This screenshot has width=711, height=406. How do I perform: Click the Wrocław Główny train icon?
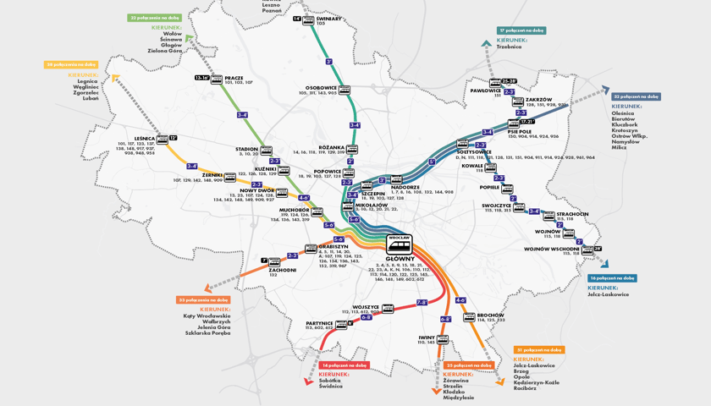pyautogui.click(x=398, y=246)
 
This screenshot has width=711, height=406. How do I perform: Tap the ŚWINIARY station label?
pyautogui.click(x=329, y=18)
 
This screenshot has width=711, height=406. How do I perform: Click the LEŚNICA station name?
pyautogui.click(x=144, y=138)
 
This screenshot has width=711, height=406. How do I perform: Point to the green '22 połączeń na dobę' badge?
pyautogui.click(x=155, y=17)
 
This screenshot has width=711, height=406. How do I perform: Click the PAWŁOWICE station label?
pyautogui.click(x=486, y=90)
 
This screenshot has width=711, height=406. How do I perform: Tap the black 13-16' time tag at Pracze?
pyautogui.click(x=202, y=78)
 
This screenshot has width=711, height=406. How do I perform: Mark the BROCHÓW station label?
pyautogui.click(x=490, y=315)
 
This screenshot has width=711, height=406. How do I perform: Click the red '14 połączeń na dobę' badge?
pyautogui.click(x=344, y=365)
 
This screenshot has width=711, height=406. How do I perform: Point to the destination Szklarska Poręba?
pyautogui.click(x=207, y=332)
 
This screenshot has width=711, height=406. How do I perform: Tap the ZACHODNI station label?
pyautogui.click(x=282, y=270)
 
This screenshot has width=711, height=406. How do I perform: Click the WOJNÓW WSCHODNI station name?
pyautogui.click(x=551, y=249)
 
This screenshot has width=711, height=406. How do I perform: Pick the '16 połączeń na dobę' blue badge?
pyautogui.click(x=612, y=277)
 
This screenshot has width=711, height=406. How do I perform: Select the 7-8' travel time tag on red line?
pyautogui.click(x=422, y=302)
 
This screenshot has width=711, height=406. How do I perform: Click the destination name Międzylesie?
pyautogui.click(x=459, y=397)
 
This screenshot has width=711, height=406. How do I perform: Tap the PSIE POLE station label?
pyautogui.click(x=520, y=131)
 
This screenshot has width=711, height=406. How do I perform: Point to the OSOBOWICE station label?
pyautogui.click(x=322, y=87)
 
